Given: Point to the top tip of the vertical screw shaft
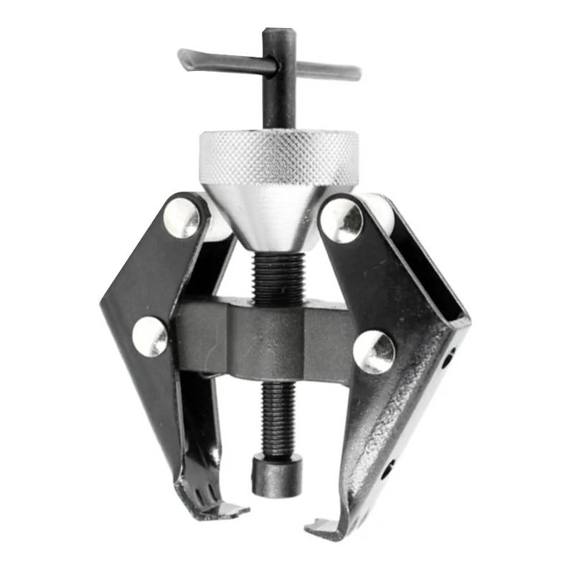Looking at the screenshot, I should coord(278,33).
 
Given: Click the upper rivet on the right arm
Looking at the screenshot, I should coord(342,220).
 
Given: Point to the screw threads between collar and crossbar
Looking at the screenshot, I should coord(278,277).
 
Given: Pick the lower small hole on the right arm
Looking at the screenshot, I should coord(388,470).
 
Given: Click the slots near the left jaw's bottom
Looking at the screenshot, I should coord(202,493).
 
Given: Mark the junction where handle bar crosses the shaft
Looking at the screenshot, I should coord(278,67).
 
